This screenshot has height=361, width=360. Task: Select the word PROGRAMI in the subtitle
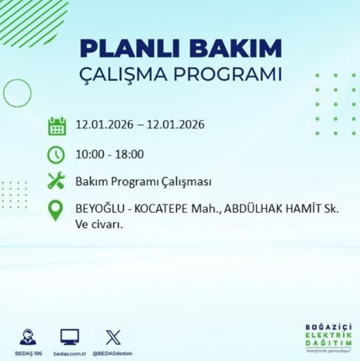[x=230, y=76]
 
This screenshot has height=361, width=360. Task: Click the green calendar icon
[x=56, y=125]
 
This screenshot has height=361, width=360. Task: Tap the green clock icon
[x=56, y=154]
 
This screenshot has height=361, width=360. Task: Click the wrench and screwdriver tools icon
[x=56, y=181]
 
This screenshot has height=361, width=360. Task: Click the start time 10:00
[x=89, y=154]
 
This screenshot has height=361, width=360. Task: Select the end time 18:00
[x=129, y=154]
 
